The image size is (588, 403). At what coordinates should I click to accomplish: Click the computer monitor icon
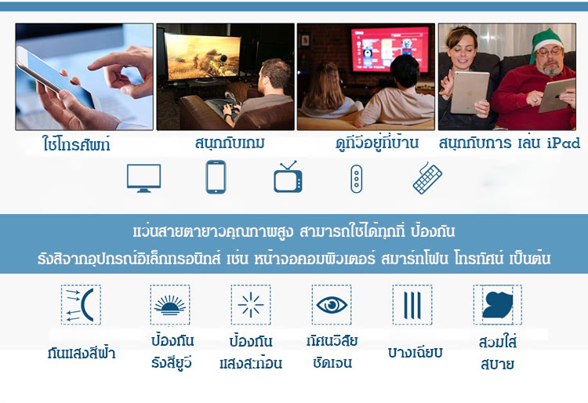pos(143,178)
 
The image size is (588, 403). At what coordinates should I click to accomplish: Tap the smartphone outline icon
pos(216,177)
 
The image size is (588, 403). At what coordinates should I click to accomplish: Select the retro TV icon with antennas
pos(288,176)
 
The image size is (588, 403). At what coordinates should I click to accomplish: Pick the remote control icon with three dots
pos(356,179)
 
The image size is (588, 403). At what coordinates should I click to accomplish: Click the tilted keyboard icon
pos(427,178)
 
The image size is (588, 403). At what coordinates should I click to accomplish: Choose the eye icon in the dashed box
pos(332,304)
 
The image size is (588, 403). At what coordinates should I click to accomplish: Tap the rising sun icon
pos(170,305)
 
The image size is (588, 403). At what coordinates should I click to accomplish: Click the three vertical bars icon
pos(412,305)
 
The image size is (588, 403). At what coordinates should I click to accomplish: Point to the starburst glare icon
pos(251,305)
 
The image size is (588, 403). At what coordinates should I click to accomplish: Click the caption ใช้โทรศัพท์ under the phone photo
pos(77,144)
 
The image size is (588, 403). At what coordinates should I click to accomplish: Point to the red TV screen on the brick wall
pos(389,49)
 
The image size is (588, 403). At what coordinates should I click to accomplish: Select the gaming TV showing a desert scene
pos(202,56)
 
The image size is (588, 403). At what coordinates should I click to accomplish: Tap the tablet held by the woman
pos(469,93)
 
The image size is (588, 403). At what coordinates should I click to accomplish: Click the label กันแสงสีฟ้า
pos(82,353)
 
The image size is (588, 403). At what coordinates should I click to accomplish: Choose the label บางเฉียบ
pos(415,352)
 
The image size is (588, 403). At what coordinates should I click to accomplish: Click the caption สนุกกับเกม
pos(230,143)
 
